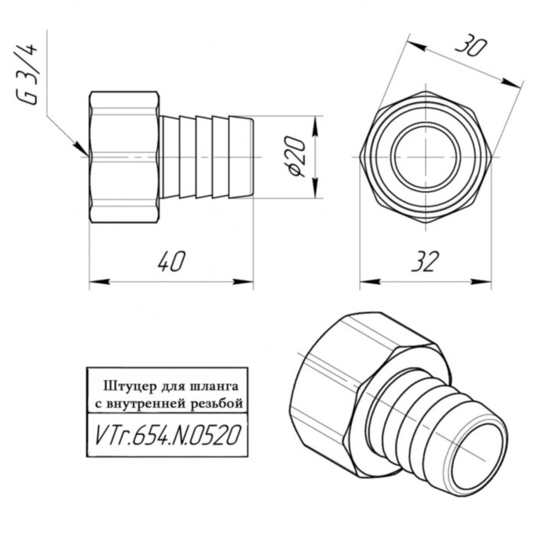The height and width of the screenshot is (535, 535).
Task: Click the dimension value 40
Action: pos(172,262)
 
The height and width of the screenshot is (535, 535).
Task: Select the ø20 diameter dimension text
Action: pos(299,158)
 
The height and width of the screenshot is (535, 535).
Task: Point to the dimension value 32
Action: pos(423,262)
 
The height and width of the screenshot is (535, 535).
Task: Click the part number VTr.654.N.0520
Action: pos(169,435)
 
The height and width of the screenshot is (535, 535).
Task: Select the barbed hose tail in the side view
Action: pos(206,157)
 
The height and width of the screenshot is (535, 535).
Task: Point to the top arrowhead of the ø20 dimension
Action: pos(314,122)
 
